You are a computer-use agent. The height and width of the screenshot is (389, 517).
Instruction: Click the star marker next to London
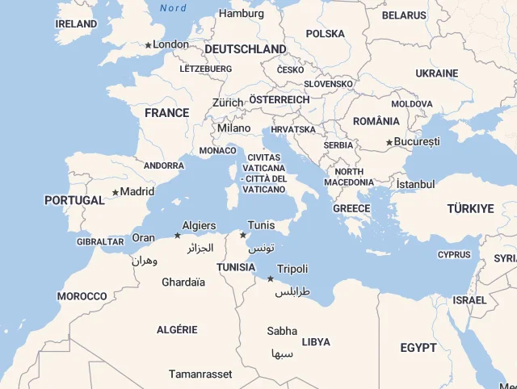[149, 45]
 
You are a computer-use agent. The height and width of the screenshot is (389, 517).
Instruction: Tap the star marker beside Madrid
[116, 192]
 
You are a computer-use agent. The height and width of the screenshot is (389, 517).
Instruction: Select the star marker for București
[389, 143]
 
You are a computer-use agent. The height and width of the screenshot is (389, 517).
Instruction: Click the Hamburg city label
[242, 14]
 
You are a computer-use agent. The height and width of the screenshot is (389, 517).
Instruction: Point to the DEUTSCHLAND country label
[245, 49]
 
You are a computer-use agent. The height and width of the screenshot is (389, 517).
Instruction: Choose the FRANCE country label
[167, 113]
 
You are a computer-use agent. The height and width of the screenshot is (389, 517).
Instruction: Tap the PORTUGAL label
[74, 200]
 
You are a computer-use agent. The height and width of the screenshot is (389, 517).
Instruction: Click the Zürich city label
[228, 102]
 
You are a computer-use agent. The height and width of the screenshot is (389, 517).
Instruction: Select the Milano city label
[234, 128]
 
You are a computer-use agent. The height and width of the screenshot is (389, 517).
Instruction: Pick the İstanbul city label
[415, 184]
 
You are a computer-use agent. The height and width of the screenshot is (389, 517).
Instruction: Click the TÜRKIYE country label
[470, 209]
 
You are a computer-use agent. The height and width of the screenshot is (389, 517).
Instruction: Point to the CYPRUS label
[453, 255]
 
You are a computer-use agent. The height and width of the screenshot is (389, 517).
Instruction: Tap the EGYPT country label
[418, 348]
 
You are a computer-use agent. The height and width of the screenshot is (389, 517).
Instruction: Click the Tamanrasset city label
[200, 374]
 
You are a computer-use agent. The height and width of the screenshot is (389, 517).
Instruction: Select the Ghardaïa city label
[183, 282]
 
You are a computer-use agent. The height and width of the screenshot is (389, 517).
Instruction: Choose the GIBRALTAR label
[100, 241]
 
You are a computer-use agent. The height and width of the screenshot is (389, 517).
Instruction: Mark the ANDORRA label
[164, 165]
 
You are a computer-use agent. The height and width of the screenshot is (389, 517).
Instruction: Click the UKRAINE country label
[437, 73]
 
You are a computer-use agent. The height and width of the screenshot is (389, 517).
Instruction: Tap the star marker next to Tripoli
[270, 278]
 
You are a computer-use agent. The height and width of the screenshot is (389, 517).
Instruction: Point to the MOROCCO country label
[82, 296]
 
